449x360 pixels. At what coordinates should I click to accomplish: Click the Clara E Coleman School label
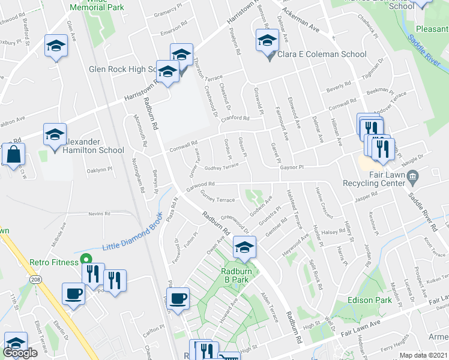pyautogui.click(x=321, y=55)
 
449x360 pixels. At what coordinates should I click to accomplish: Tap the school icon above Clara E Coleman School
pyautogui.click(x=265, y=41)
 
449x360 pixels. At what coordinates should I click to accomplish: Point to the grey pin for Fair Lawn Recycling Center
pyautogui.click(x=412, y=176)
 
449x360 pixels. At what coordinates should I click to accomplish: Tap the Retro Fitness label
pyautogui.click(x=54, y=262)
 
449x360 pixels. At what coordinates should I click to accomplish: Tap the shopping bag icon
pyautogui.click(x=13, y=155)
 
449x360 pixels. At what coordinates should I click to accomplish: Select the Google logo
pyautogui.click(x=20, y=353)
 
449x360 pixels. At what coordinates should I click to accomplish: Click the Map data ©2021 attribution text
pyautogui.click(x=423, y=355)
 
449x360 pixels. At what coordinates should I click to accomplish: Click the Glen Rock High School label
pyautogui.click(x=123, y=69)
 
